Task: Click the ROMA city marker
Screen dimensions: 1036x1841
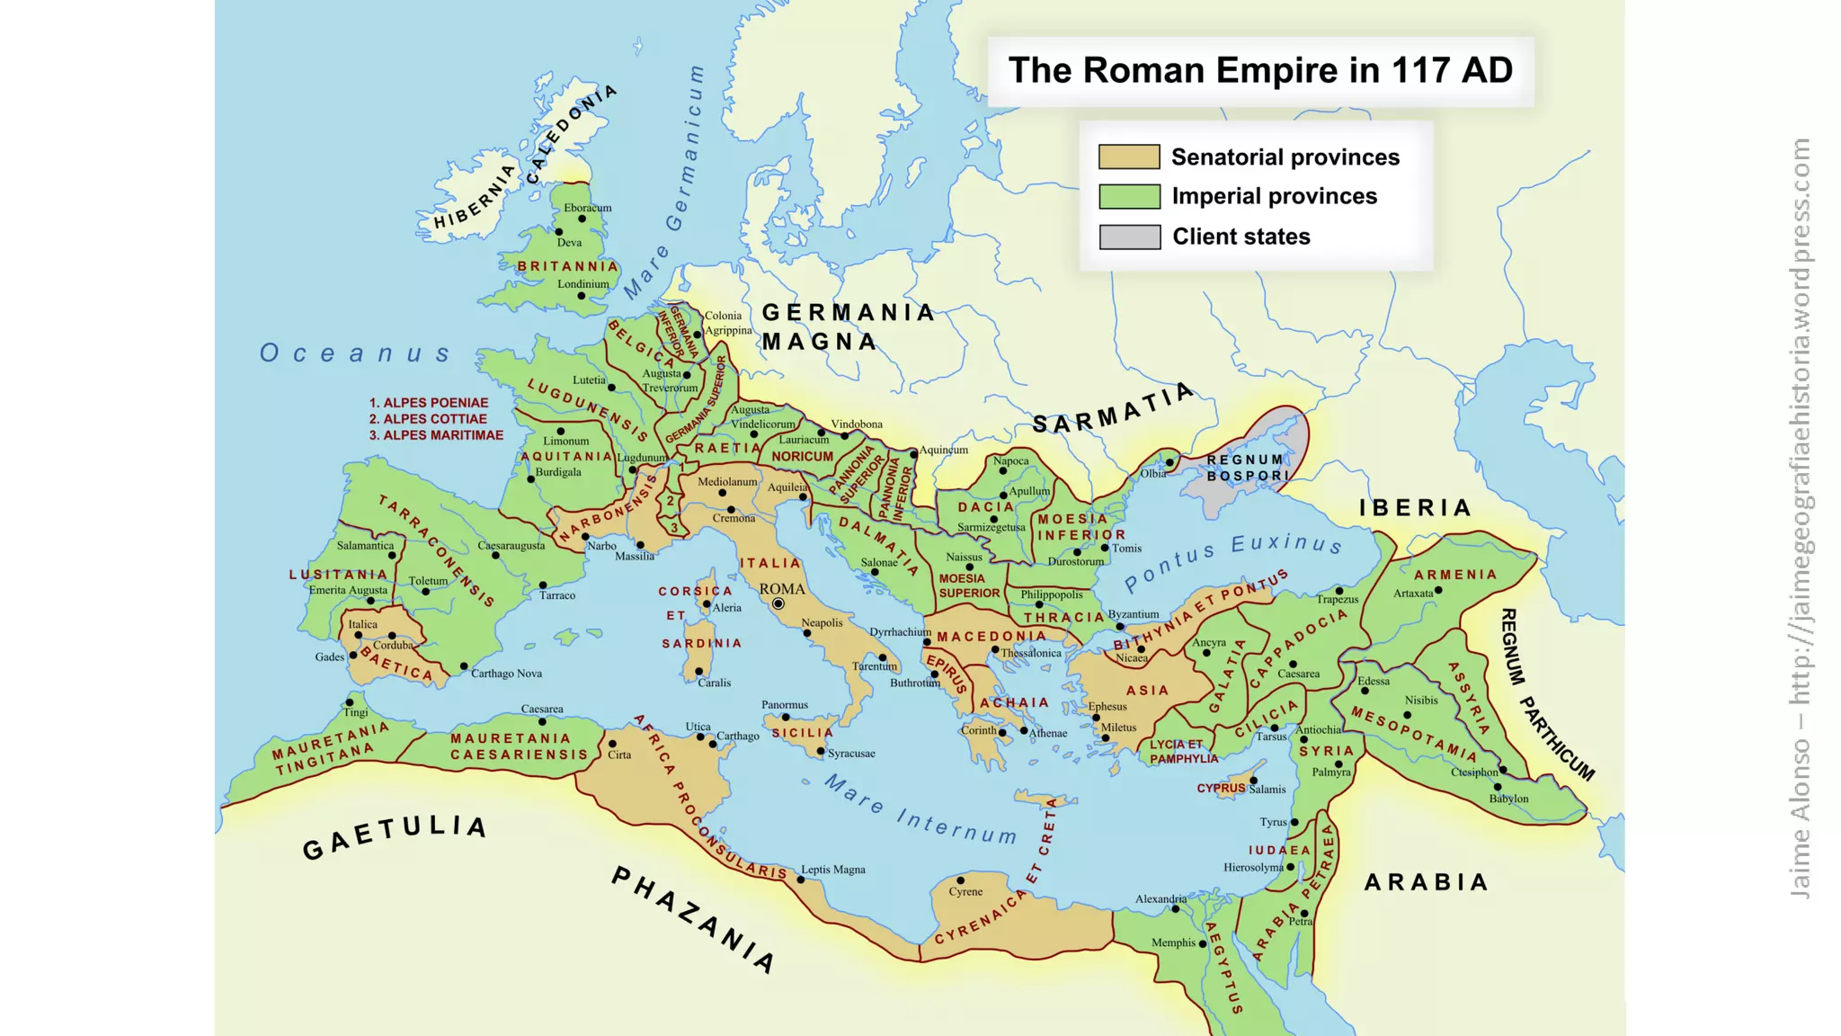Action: (778, 603)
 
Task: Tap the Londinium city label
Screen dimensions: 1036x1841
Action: (583, 283)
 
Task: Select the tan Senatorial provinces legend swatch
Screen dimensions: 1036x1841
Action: (1129, 157)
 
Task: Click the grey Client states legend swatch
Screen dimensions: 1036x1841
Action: (1129, 237)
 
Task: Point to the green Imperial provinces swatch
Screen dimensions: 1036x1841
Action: (1129, 196)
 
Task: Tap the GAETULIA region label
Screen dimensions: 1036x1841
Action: (395, 836)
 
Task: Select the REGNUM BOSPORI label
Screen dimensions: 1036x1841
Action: (1248, 468)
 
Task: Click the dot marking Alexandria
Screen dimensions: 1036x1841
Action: (1175, 909)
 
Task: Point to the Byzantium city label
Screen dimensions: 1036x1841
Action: (1134, 614)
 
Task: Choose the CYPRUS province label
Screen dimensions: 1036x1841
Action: (1220, 788)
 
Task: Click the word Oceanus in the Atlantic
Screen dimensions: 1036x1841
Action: (355, 353)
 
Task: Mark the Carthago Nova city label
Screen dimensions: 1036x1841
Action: (506, 673)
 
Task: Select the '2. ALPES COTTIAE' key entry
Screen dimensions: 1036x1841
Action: (428, 419)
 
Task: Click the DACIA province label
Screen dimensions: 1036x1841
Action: (985, 507)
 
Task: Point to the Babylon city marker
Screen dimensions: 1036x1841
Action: (1498, 787)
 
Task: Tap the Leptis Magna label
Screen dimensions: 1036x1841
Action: (833, 869)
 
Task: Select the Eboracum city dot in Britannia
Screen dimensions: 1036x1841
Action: (582, 219)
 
